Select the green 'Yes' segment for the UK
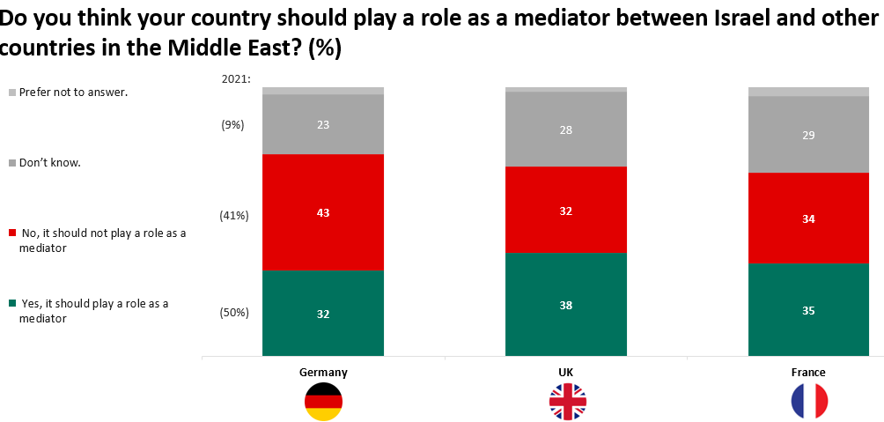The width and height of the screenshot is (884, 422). [566, 326]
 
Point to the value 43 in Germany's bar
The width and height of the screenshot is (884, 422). [323, 213]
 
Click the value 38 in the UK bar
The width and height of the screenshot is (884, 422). [566, 306]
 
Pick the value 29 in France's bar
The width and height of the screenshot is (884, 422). [808, 136]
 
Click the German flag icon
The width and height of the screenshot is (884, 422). [323, 402]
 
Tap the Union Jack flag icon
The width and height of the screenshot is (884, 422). [567, 402]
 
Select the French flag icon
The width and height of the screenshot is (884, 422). [809, 402]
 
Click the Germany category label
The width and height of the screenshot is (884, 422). [323, 373]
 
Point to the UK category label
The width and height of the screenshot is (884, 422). [566, 373]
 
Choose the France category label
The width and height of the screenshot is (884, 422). [808, 373]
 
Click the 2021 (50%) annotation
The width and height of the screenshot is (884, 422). [235, 312]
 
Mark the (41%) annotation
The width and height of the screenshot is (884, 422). [235, 215]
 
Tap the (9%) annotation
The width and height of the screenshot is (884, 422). [232, 125]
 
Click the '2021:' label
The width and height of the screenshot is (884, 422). [237, 79]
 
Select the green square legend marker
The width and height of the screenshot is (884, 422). [12, 304]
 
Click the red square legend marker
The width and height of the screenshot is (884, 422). [12, 233]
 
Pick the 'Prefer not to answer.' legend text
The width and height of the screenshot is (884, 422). [74, 92]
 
